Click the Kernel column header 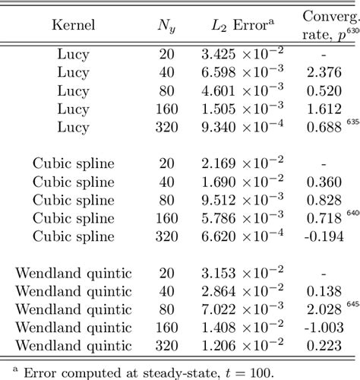(73, 25)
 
